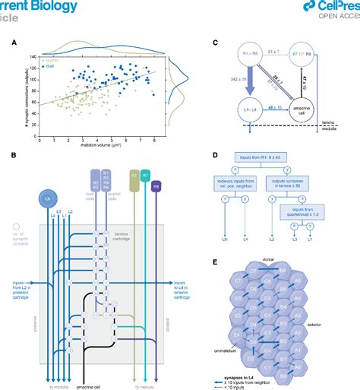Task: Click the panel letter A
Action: click(13, 43)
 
